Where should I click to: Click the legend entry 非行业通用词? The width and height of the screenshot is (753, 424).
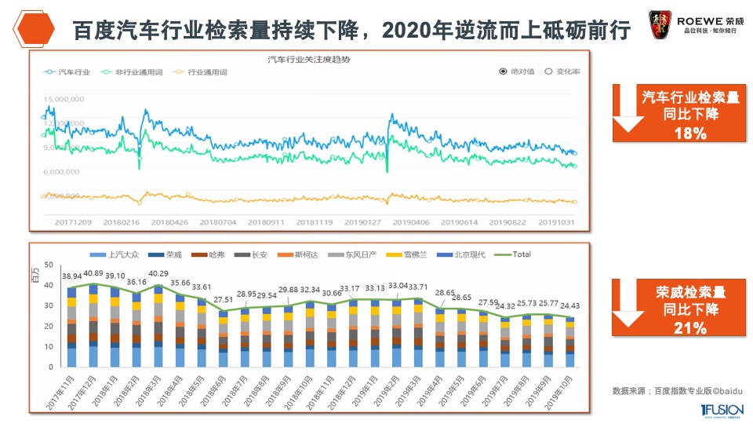125,71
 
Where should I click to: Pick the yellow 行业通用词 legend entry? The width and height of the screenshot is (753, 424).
202,71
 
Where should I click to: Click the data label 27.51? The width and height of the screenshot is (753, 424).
224,299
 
